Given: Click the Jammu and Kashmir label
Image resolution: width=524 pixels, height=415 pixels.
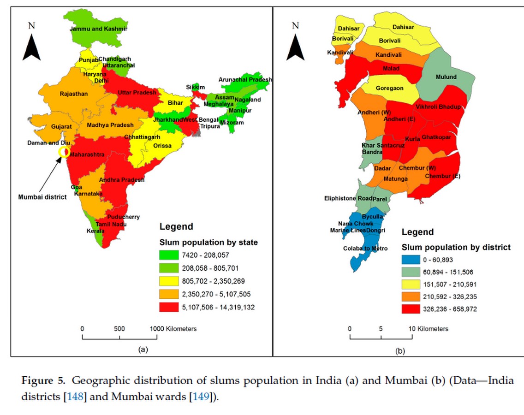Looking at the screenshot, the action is pyautogui.click(x=99, y=29).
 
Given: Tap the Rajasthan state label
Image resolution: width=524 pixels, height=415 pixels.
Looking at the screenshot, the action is pyautogui.click(x=73, y=94).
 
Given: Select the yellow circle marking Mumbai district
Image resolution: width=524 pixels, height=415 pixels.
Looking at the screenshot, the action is pyautogui.click(x=64, y=152).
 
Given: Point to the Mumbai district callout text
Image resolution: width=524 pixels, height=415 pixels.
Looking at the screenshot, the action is pyautogui.click(x=42, y=197).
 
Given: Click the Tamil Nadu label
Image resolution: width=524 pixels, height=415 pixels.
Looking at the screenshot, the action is pyautogui.click(x=111, y=224).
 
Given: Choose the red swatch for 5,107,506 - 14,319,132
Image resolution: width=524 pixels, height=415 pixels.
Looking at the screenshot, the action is pyautogui.click(x=169, y=308).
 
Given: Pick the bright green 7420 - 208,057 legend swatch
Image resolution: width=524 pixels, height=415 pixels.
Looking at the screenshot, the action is pyautogui.click(x=169, y=255).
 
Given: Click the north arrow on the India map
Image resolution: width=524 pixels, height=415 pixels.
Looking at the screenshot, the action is pyautogui.click(x=31, y=48).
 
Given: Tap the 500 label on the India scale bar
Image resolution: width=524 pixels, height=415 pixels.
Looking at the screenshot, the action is pyautogui.click(x=119, y=329).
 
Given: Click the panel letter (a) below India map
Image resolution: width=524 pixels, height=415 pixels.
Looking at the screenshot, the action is pyautogui.click(x=143, y=350).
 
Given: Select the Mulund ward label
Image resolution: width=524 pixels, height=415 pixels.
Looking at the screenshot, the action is pyautogui.click(x=446, y=77).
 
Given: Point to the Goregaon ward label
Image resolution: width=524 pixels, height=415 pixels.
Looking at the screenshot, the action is pyautogui.click(x=389, y=88).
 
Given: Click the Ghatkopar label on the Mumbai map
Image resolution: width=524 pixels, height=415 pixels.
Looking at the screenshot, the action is pyautogui.click(x=436, y=137).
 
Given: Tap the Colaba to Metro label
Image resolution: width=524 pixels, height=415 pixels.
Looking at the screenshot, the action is pyautogui.click(x=365, y=248).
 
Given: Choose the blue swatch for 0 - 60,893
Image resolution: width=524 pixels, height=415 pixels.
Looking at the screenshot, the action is pyautogui.click(x=411, y=260).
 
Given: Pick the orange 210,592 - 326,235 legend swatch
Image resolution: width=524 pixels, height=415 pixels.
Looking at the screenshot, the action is pyautogui.click(x=411, y=296).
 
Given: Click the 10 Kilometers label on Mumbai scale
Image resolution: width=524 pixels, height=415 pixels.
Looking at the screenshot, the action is pyautogui.click(x=429, y=329).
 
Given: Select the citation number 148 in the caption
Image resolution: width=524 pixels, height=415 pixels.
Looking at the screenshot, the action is pyautogui.click(x=75, y=397).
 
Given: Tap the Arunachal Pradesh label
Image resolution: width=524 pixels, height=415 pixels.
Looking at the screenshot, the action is pyautogui.click(x=245, y=79).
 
